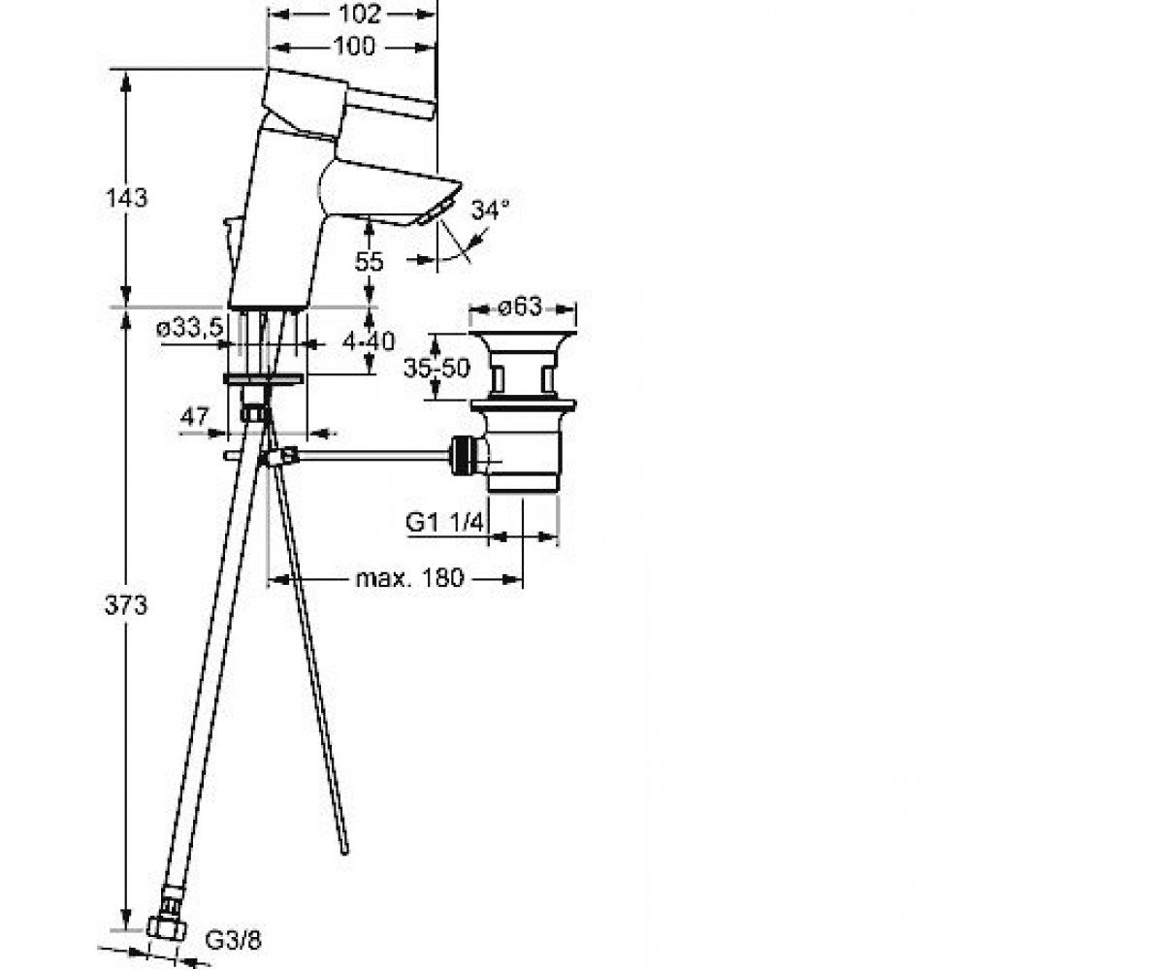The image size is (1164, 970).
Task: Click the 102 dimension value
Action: (x=360, y=14)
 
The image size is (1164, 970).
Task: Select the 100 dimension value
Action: (x=355, y=47)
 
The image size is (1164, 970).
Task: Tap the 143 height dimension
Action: (x=126, y=198)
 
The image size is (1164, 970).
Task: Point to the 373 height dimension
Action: (x=126, y=605)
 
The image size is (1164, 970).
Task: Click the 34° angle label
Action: (x=490, y=210)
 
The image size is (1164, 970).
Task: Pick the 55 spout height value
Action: (x=369, y=262)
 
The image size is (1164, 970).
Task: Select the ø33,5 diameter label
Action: (x=190, y=329)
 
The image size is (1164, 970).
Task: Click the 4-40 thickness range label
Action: (x=369, y=341)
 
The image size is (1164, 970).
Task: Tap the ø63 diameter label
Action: (x=520, y=307)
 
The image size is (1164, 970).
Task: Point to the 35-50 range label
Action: (x=436, y=368)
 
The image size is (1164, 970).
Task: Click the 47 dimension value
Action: (x=194, y=416)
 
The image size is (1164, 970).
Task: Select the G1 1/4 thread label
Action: (x=443, y=523)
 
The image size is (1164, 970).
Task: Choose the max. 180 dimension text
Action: (x=409, y=578)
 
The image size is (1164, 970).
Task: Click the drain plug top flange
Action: (x=523, y=336)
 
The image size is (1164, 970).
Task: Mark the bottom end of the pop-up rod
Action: (x=344, y=851)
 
